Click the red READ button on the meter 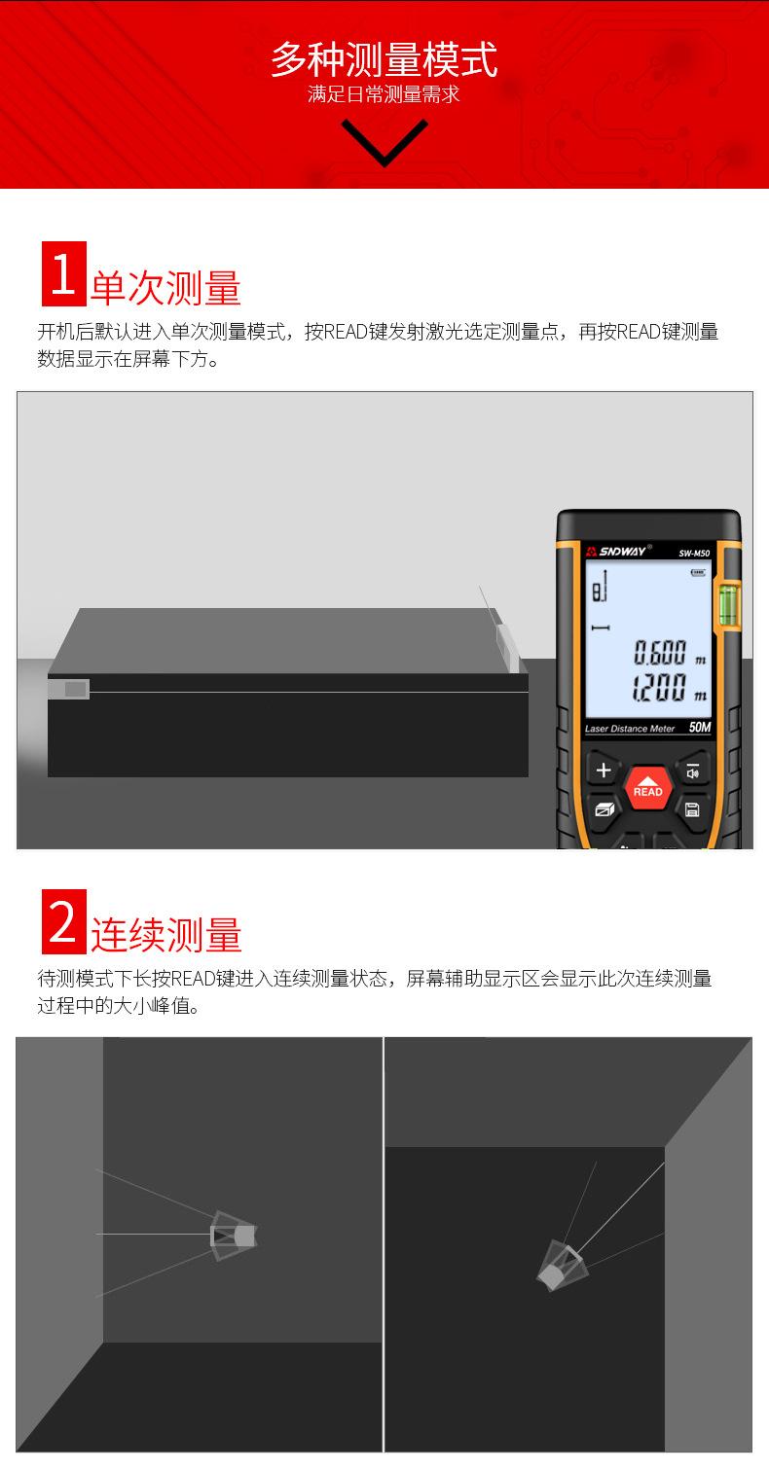[x=647, y=788]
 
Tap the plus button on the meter [x=603, y=771]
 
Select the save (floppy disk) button [x=692, y=809]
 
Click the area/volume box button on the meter [x=604, y=809]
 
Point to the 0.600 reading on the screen [x=661, y=652]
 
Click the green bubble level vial [x=728, y=603]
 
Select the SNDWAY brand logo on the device [x=617, y=552]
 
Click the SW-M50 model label [x=694, y=554]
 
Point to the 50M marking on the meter [x=698, y=728]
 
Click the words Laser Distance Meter [x=630, y=729]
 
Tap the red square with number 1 [x=63, y=274]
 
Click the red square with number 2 [x=63, y=921]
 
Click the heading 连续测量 [x=165, y=935]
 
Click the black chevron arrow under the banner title [x=384, y=142]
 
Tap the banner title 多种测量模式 [x=384, y=58]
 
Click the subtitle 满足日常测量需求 [x=384, y=95]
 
